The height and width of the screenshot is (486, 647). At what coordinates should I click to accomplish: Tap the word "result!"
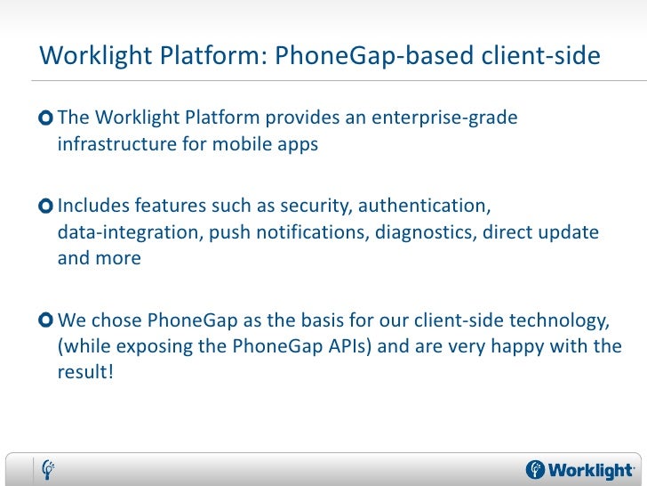(86, 371)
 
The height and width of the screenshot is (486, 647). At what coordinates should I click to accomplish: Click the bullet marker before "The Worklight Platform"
(46, 119)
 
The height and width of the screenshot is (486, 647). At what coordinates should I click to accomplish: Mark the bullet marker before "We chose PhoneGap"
(46, 320)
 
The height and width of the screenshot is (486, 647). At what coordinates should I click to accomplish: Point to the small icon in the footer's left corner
(50, 468)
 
